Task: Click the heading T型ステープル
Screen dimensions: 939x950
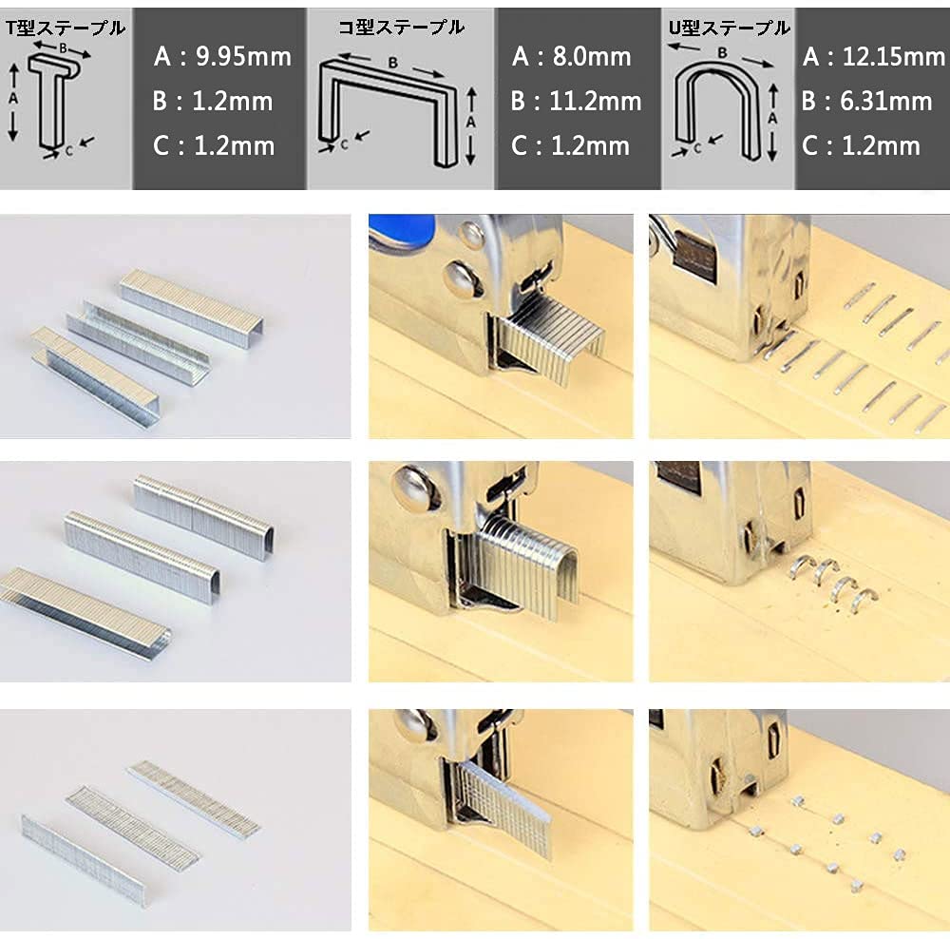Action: [x=65, y=29]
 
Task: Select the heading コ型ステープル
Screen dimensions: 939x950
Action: [x=401, y=28]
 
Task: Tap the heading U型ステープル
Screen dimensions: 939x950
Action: [x=728, y=29]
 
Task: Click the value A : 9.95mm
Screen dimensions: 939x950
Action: [x=221, y=56]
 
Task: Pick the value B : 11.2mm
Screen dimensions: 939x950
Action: [x=576, y=101]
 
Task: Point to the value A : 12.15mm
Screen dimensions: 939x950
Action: [x=873, y=57]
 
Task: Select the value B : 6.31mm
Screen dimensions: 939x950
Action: [x=866, y=101]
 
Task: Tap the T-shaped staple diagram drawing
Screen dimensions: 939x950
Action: [x=48, y=101]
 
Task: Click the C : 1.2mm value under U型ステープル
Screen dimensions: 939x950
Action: [x=861, y=145]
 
